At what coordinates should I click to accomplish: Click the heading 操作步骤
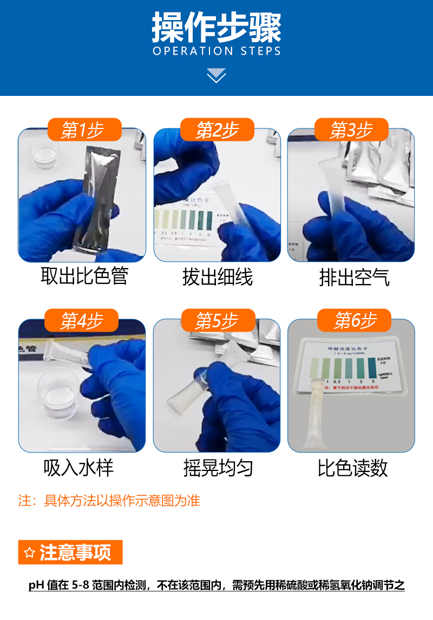point(216,28)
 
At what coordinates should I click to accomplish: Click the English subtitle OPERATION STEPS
point(216,51)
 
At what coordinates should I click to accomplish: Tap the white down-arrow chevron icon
point(216,75)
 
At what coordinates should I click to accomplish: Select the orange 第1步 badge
point(83,130)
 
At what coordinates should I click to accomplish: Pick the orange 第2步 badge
point(217,130)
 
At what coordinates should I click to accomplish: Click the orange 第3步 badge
point(351,130)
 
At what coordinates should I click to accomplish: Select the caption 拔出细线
point(218,277)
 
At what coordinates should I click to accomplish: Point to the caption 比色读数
point(353,468)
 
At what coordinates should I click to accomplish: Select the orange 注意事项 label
point(71,552)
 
